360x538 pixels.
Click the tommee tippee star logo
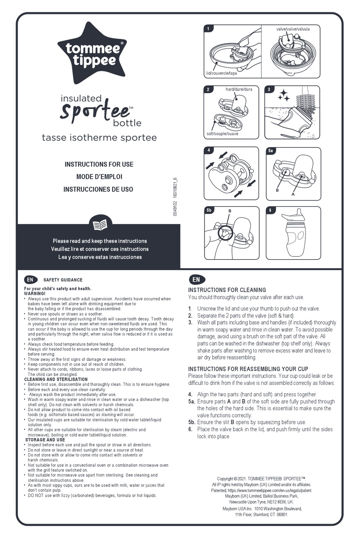[92, 53]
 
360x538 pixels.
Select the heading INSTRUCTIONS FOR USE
[99, 164]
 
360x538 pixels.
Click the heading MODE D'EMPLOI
[99, 177]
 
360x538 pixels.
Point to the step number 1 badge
[208, 28]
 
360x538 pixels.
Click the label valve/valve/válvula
[293, 29]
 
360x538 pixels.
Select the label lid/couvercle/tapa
[221, 73]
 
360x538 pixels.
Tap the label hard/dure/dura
[239, 89]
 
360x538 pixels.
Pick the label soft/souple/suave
[222, 134]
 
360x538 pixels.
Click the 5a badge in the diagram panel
[271, 151]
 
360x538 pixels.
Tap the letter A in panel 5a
[293, 194]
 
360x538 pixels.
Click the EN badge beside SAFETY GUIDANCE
[30, 280]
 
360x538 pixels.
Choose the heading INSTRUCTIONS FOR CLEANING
[227, 290]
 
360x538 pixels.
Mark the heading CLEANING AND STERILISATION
[56, 379]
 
